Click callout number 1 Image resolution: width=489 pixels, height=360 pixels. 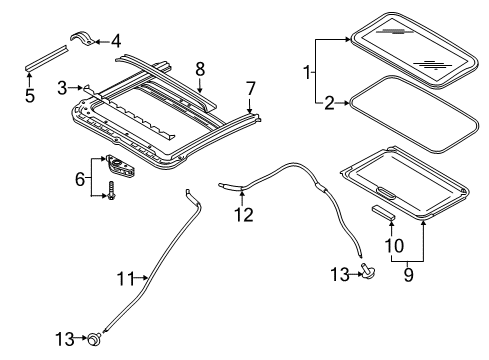click(305, 73)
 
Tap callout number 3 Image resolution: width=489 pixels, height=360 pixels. click(62, 88)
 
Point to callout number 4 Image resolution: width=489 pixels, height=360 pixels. click(115, 41)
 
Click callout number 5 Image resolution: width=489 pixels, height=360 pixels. click(29, 96)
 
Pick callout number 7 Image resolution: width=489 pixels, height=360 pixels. click(250, 88)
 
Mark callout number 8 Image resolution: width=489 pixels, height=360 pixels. click(200, 69)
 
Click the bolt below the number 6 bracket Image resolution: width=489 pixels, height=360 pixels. click(112, 193)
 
